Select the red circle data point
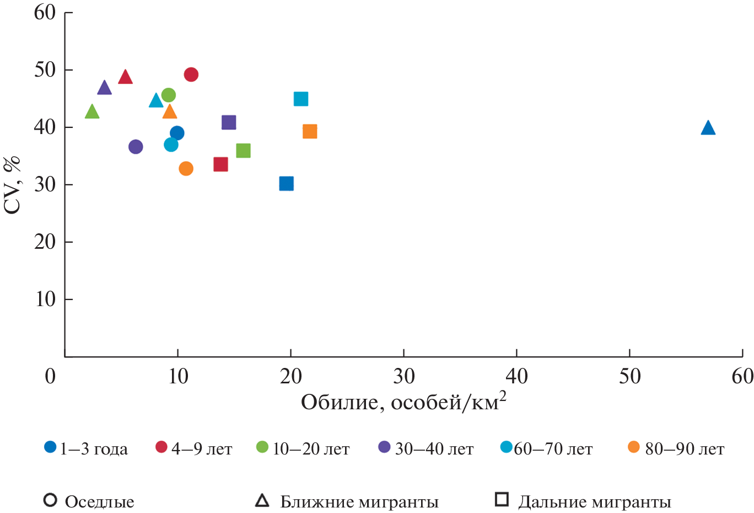[x=191, y=74]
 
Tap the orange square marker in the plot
[x=310, y=131]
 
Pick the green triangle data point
[x=92, y=112]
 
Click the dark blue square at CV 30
[x=286, y=184]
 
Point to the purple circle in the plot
[x=136, y=147]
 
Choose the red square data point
[x=220, y=164]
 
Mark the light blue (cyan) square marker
[x=300, y=99]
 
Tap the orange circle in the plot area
[x=186, y=168]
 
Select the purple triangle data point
[x=105, y=88]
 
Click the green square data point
[x=243, y=151]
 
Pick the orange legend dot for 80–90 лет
[x=634, y=447]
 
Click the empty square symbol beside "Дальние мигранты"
[x=502, y=500]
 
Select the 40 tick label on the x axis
[x=516, y=377]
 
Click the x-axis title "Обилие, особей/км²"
[x=403, y=402]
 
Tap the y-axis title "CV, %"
[x=12, y=185]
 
